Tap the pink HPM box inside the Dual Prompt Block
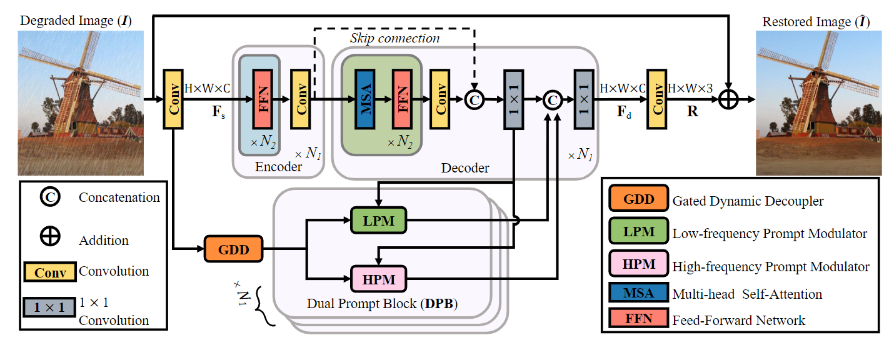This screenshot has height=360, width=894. pos(378,279)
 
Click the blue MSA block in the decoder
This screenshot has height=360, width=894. pos(364,99)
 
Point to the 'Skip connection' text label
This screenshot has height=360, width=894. pos(394,38)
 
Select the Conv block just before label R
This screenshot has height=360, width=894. pos(656,99)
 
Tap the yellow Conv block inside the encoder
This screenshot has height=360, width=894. pos(301,99)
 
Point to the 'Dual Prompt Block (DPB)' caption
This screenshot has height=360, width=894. pos(383,304)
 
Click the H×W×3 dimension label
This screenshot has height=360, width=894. pos(690,89)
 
